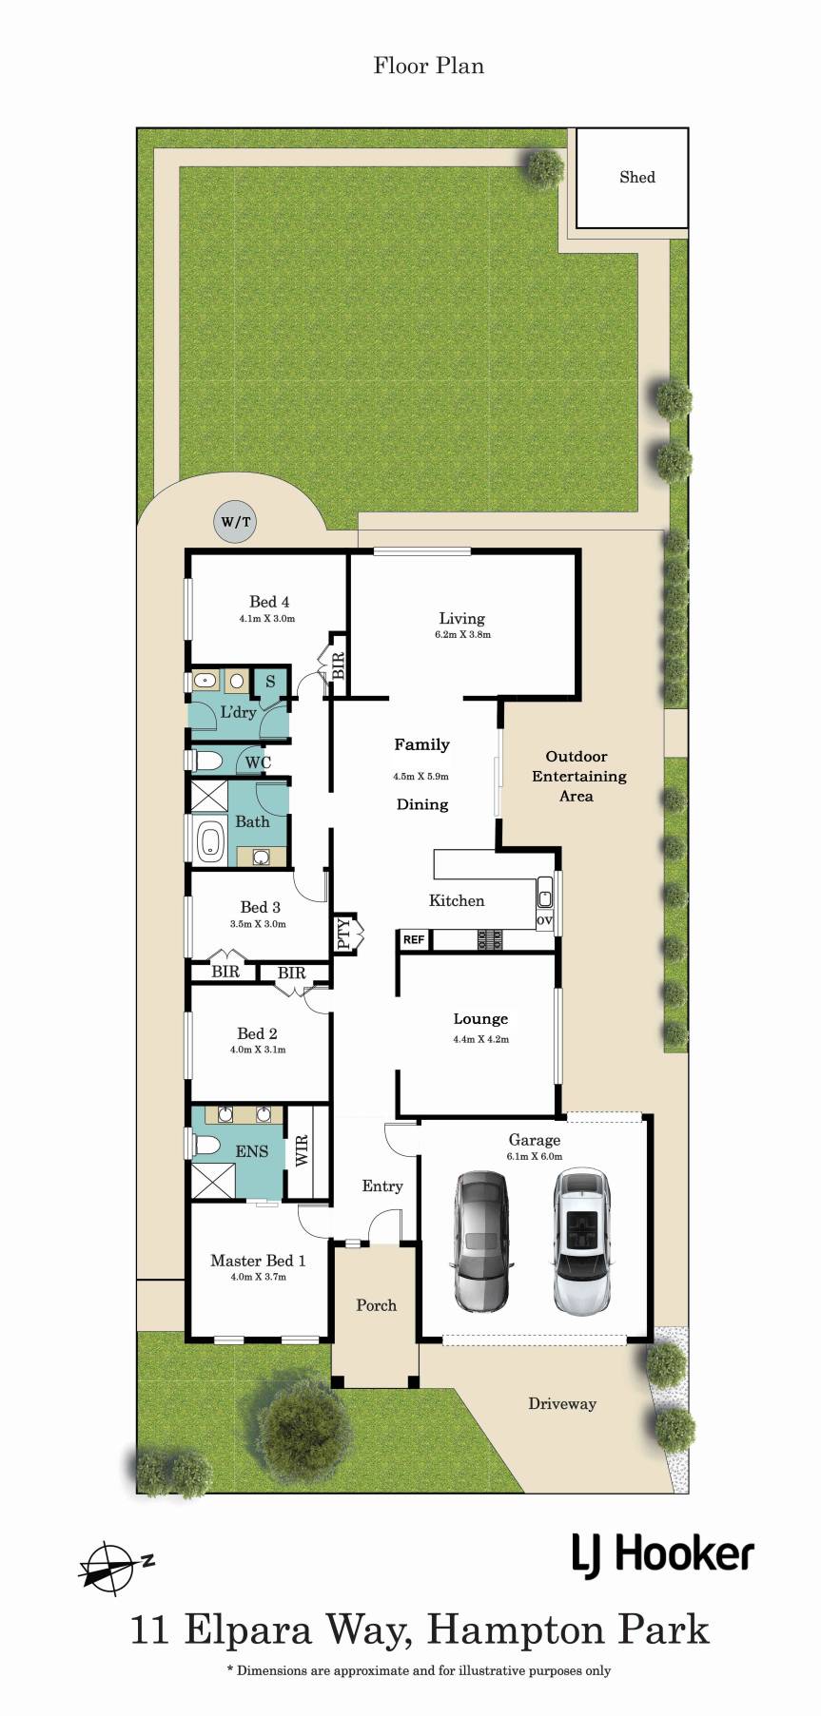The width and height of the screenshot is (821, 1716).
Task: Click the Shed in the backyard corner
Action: (632, 177)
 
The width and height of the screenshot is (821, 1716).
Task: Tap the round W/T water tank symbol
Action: (236, 522)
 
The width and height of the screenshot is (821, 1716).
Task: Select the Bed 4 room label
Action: (269, 602)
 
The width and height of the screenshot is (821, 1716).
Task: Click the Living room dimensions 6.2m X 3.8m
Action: (462, 634)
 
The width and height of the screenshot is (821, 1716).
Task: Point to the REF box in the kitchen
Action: (414, 939)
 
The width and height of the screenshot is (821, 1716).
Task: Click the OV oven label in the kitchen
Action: (544, 920)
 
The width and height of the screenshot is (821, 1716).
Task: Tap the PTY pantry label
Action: (343, 934)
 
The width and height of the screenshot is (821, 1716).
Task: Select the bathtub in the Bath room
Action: (209, 842)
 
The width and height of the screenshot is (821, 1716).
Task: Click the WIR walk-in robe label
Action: (303, 1150)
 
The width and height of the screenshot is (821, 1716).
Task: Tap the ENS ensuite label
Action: (252, 1151)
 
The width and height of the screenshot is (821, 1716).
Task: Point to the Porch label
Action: (376, 1305)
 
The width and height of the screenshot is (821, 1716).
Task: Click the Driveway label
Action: (562, 1403)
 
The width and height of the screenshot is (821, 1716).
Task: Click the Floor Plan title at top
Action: (428, 66)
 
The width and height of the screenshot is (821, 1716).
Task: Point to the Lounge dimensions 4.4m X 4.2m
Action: (480, 1039)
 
